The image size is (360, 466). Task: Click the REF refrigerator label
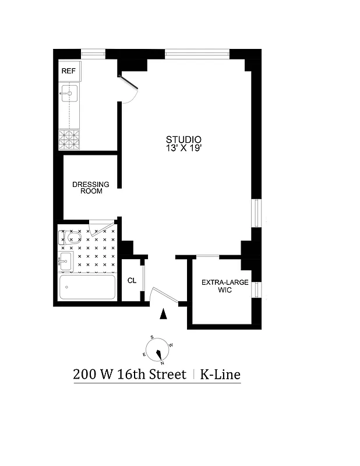[68, 71]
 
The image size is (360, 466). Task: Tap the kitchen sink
[69, 93]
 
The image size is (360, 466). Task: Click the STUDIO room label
[183, 140]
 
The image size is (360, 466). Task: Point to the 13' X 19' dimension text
[183, 149]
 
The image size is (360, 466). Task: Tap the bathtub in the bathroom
[87, 287]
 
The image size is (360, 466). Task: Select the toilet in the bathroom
[66, 237]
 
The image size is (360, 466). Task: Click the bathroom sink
[65, 260]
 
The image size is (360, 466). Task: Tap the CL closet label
[132, 280]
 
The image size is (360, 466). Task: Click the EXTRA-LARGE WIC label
[221, 286]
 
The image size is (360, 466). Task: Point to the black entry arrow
[164, 315]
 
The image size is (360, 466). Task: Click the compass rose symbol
[158, 351]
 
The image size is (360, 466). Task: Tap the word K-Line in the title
[220, 375]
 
